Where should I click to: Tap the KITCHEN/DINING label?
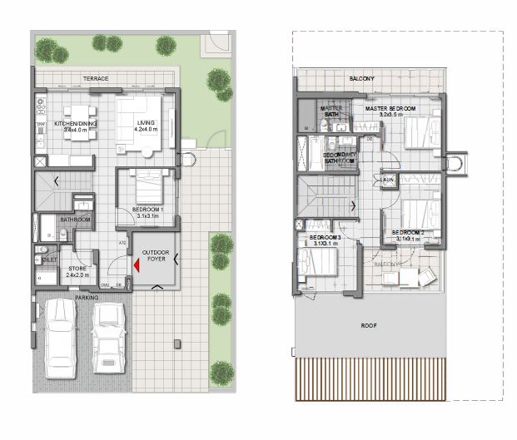coord(76,123)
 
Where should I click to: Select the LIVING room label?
coord(146,123)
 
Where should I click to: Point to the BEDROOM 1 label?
coord(147,209)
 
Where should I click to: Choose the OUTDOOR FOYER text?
coord(156,256)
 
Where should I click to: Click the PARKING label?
coord(87,296)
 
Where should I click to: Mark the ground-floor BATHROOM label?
coord(75,219)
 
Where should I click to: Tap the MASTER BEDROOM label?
coord(391,108)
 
